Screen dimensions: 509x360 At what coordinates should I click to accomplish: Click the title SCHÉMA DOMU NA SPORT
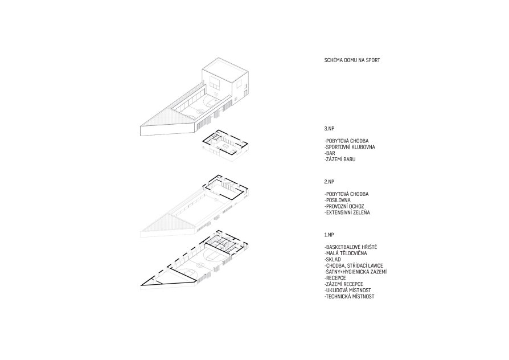coord(352,60)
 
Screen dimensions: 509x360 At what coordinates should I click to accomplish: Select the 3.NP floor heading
coord(329,129)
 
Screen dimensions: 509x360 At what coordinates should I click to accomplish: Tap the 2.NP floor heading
coord(329,182)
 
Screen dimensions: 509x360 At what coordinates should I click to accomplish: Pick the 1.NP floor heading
coord(329,235)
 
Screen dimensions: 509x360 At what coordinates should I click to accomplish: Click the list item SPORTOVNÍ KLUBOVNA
coord(350,147)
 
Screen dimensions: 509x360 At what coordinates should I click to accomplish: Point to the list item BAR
coord(330,153)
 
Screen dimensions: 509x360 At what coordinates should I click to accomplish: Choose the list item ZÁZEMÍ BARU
coord(340,159)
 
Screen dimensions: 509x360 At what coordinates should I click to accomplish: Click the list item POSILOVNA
coord(337,201)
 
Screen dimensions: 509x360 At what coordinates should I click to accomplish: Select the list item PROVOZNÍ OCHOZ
coord(344,207)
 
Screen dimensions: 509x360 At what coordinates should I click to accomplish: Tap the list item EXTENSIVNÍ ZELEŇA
coord(347,213)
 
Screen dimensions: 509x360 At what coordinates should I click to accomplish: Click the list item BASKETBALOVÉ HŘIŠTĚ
coord(351,247)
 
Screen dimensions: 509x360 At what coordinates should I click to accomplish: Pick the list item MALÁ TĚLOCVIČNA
coord(346,253)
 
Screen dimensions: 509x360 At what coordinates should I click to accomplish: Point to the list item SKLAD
coord(333,260)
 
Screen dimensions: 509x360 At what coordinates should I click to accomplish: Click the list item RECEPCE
coord(335,278)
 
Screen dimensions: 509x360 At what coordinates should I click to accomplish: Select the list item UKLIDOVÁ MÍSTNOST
coord(348,291)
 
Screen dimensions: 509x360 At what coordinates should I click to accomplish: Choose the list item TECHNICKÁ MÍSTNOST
coord(349,297)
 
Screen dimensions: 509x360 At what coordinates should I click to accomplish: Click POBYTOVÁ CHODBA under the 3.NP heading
coord(346,141)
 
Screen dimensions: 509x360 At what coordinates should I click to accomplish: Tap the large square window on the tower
coord(215,82)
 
